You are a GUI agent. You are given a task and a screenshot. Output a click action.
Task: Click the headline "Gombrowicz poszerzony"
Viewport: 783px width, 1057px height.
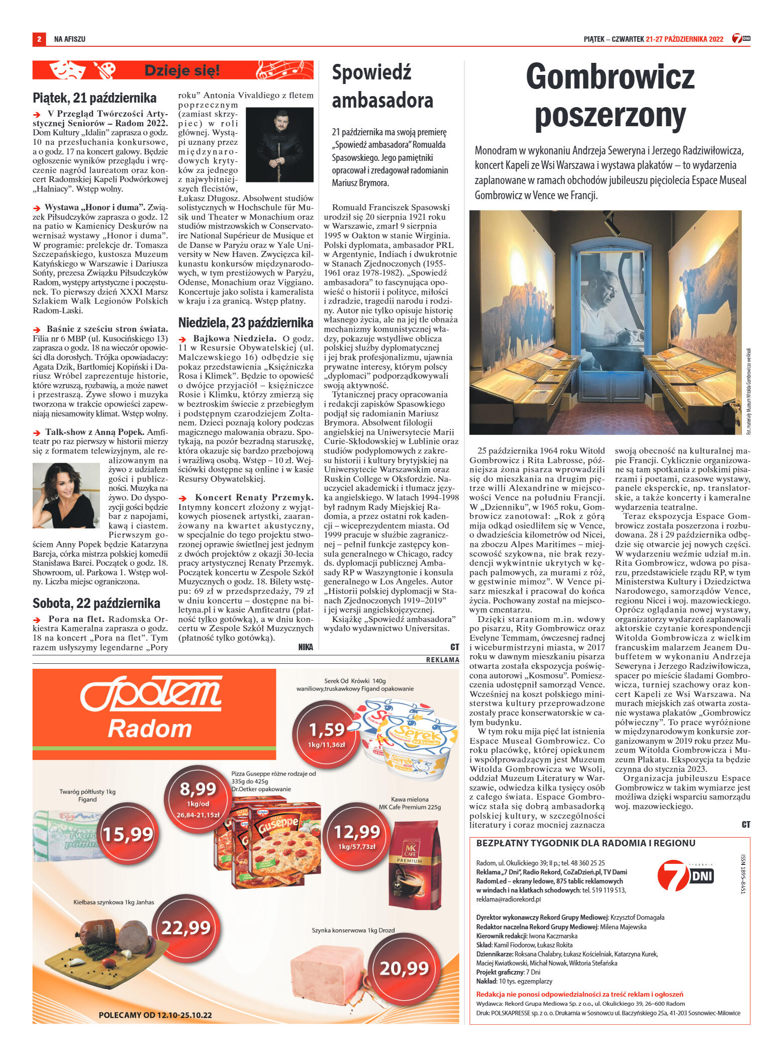point(610,96)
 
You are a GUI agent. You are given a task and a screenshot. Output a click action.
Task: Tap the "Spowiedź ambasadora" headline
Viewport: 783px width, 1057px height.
point(382,86)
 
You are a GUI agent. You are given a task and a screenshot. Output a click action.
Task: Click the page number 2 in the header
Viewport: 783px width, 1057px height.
point(39,39)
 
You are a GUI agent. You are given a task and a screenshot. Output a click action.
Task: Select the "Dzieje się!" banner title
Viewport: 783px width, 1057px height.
point(182,70)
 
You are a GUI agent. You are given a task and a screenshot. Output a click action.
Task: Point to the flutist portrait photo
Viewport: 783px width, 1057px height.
point(279,144)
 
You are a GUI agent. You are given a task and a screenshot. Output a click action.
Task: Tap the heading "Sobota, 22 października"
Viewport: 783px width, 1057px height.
point(96,603)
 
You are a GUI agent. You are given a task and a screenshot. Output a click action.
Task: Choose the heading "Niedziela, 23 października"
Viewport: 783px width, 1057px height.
point(246,322)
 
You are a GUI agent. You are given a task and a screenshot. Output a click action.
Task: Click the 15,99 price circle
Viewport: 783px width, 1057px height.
point(128,834)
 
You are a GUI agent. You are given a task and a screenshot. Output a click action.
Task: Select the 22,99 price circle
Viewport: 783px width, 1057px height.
point(186,927)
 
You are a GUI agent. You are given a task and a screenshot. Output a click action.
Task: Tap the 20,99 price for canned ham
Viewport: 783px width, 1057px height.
point(404,968)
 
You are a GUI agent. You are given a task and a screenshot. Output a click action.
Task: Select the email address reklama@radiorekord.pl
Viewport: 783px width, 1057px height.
point(508,899)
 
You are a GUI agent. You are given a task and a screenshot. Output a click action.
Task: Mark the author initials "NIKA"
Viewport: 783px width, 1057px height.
point(305,647)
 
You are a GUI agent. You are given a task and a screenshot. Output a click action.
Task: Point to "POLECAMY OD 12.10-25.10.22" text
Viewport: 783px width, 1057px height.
point(155,1015)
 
